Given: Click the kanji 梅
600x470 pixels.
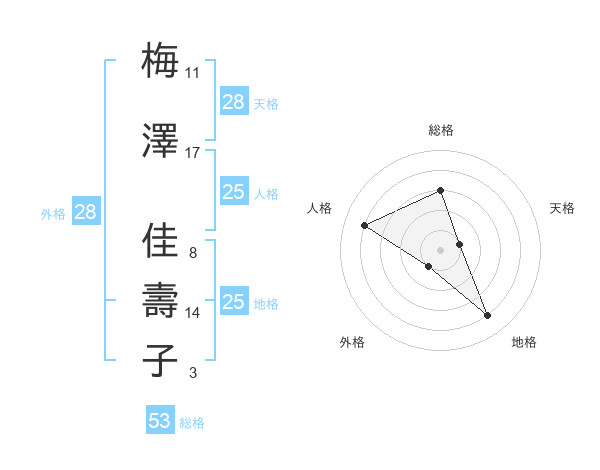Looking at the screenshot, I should pyautogui.click(x=160, y=62).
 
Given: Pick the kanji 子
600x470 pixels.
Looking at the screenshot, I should pyautogui.click(x=160, y=360).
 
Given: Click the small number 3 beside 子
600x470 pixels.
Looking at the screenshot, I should pyautogui.click(x=192, y=373).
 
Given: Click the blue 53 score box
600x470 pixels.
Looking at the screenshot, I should pyautogui.click(x=160, y=421).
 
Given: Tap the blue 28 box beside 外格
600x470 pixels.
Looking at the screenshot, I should pyautogui.click(x=85, y=212).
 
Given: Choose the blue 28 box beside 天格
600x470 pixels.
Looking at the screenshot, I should pyautogui.click(x=234, y=102).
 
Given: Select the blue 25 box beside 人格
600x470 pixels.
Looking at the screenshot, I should pyautogui.click(x=234, y=192).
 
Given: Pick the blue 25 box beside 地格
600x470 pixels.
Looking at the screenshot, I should pyautogui.click(x=234, y=302).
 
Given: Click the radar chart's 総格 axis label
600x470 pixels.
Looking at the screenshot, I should pyautogui.click(x=441, y=130).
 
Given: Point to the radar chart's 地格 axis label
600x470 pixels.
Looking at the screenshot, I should pyautogui.click(x=524, y=342).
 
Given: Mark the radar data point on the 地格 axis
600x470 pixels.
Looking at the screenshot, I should pyautogui.click(x=488, y=316).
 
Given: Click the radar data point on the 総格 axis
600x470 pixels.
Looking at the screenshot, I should pyautogui.click(x=441, y=190).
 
